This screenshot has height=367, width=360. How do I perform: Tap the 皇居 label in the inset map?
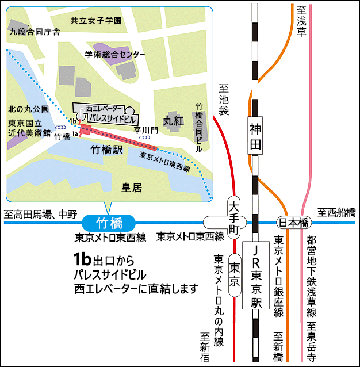coord(132,187)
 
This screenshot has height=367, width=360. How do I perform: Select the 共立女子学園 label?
coord(96,21)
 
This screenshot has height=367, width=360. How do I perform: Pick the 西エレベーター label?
coord(104,108)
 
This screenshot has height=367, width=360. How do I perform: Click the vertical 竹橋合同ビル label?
coord(200,127)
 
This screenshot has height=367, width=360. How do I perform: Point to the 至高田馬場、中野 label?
coord(40,214)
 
